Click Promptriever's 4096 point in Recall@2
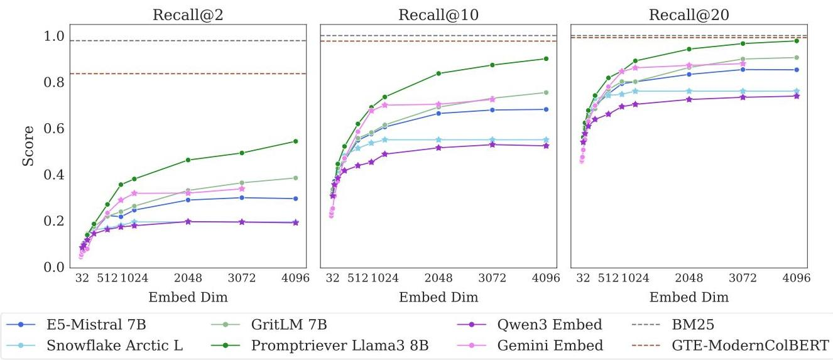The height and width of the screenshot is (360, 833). tap(295, 141)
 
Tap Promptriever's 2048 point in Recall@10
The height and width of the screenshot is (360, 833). tap(438, 74)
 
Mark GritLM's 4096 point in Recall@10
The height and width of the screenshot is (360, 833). tap(546, 92)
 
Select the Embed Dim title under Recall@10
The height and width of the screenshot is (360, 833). tap(438, 297)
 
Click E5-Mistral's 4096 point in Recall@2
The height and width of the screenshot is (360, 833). tap(295, 199)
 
